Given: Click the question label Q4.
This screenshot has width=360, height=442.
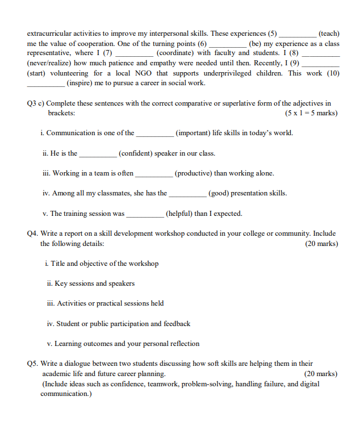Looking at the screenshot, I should pyautogui.click(x=33, y=233).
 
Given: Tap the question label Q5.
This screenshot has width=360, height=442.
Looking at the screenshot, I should pyautogui.click(x=33, y=364).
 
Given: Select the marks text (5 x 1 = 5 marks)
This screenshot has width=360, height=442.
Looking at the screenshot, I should pyautogui.click(x=311, y=113).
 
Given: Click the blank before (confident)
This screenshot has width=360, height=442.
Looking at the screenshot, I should pyautogui.click(x=98, y=153).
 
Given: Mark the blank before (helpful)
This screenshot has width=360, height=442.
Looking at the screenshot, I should pyautogui.click(x=145, y=214).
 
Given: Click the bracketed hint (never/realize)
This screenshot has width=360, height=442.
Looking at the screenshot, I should pyautogui.click(x=51, y=63).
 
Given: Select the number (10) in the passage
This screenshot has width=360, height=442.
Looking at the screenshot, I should pyautogui.click(x=333, y=73).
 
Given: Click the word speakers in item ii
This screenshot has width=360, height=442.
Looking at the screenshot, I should pyautogui.click(x=122, y=283).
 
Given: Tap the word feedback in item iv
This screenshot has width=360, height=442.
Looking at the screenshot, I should pyautogui.click(x=175, y=324).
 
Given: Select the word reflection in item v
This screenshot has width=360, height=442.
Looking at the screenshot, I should pyautogui.click(x=183, y=344).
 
